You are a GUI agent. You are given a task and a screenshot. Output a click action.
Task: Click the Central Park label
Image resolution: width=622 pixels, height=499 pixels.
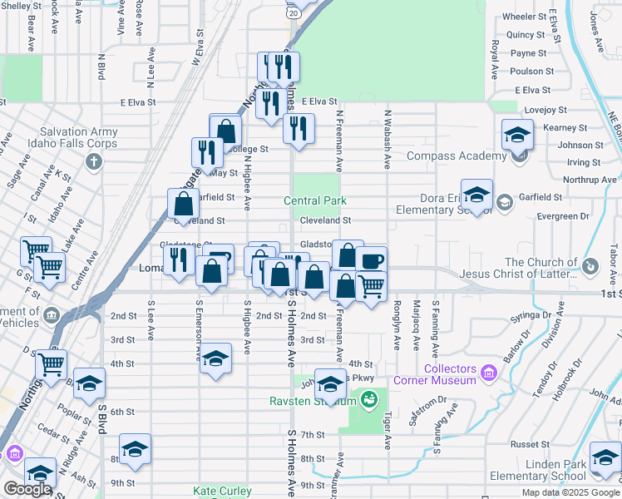tap(314, 201)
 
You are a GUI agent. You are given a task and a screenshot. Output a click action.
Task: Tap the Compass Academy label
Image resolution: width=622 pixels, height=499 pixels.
tap(457, 156)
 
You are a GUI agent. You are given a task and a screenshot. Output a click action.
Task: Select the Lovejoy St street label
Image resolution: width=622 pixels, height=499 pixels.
tap(545, 109)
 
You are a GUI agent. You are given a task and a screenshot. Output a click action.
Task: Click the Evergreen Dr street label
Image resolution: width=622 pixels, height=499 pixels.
tap(562, 216)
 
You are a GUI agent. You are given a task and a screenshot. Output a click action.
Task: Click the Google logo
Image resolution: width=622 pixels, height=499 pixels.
tap(27, 489)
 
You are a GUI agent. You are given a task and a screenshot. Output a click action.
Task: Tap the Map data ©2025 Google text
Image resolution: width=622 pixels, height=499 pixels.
tap(570, 492)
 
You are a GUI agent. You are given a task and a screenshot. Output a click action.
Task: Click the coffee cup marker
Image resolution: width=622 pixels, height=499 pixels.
tap(372, 260)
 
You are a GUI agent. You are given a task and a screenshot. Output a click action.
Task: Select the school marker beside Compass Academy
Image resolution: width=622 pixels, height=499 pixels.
tap(517, 134)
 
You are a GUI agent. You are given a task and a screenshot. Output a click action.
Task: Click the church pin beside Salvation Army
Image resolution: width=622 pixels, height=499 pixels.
tap(91, 161)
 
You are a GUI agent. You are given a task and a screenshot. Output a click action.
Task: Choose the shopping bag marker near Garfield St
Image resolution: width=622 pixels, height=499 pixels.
tap(183, 203)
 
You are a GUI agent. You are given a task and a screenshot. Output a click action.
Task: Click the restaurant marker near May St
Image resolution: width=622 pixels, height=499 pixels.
tap(205, 151)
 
